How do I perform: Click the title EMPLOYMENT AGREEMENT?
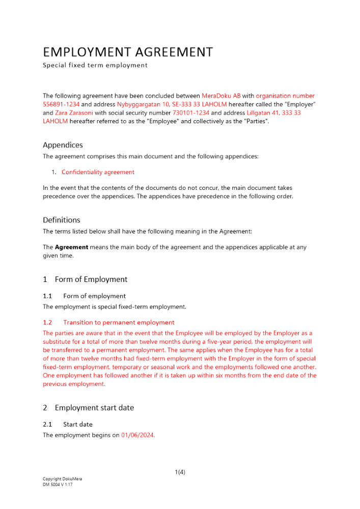pos(128,52)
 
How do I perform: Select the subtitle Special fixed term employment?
pos(95,65)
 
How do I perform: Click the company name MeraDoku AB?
pos(221,96)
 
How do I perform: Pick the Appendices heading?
pos(63,145)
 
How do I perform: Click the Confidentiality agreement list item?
pos(98,172)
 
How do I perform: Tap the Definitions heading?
pos(62,220)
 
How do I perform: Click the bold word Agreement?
pos(71,247)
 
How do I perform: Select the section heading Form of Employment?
pos(91,279)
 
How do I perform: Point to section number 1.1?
pos(47,296)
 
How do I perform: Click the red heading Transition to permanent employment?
pos(119,322)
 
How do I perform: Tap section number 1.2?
pos(47,322)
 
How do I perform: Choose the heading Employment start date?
pos(94,407)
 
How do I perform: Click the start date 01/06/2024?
pos(137,435)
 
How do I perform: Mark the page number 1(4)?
pos(180,472)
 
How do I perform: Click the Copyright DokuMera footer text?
pos(62,479)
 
